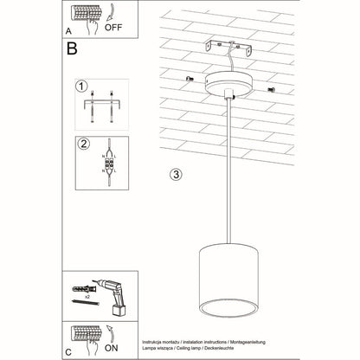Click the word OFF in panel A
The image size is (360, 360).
(x=114, y=26)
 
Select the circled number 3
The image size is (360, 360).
(x=176, y=173)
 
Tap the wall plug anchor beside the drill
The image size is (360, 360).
(x=86, y=286)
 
